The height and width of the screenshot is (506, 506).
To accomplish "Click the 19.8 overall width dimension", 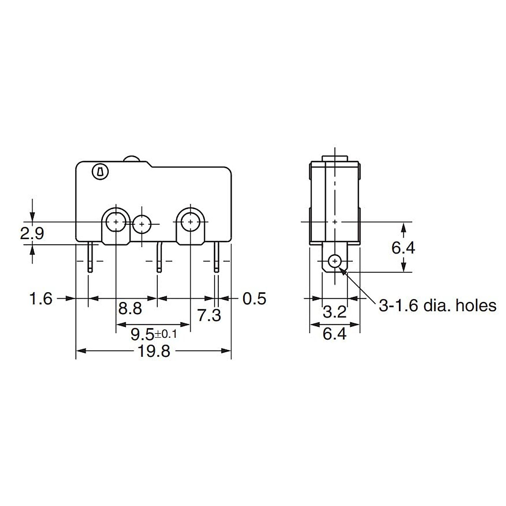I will [x=153, y=351].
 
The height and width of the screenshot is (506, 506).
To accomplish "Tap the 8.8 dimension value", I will [x=130, y=309].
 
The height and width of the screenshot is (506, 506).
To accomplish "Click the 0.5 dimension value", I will [x=255, y=299].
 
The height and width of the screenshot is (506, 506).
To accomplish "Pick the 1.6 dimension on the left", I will [x=40, y=299].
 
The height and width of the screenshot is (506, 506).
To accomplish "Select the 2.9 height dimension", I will [x=32, y=233].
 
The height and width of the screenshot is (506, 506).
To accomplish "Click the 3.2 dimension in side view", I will [x=334, y=312].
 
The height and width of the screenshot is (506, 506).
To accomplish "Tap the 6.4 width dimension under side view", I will [x=334, y=334].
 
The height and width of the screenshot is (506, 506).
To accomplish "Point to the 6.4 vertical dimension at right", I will [x=403, y=248].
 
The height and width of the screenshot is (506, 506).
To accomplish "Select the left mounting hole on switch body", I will [x=116, y=221].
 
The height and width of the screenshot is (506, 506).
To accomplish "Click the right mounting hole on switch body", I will [x=191, y=221].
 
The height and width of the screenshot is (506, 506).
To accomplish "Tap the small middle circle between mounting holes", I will [x=142, y=223].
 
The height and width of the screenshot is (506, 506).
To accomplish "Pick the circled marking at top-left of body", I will [x=100, y=172].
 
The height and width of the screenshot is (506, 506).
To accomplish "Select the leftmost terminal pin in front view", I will [x=89, y=257].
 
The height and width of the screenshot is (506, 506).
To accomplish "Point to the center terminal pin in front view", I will [x=159, y=257].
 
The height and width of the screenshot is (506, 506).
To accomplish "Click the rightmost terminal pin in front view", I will [x=217, y=257].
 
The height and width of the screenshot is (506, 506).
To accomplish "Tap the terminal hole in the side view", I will [x=335, y=261].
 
